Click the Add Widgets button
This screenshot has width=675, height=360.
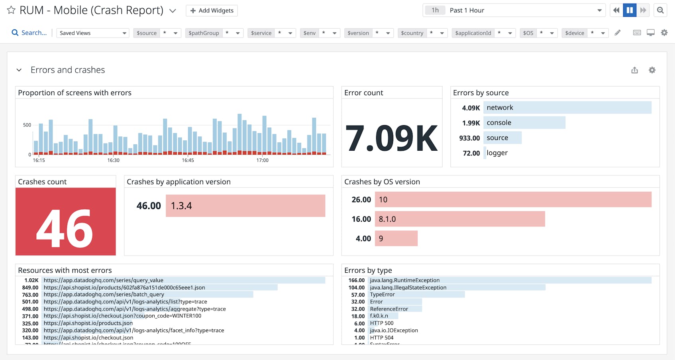coord(212,10)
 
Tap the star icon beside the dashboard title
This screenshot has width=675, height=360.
coord(11,10)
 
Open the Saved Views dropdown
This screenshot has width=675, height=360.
coord(92,33)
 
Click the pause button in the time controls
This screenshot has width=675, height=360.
coord(630,10)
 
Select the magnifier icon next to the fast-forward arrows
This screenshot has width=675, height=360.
coord(660,10)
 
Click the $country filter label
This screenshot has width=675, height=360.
coord(412,33)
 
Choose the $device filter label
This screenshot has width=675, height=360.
coord(574,33)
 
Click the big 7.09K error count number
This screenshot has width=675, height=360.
coord(392,138)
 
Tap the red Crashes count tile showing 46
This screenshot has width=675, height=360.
coord(66,222)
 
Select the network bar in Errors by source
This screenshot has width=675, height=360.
coord(567,108)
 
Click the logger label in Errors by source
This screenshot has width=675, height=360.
coord(497,153)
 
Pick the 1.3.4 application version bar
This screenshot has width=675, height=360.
coord(245,206)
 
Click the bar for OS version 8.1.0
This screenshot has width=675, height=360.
coord(459,219)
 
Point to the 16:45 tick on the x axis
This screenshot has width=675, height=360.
coord(188,160)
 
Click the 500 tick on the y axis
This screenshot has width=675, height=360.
coord(27,125)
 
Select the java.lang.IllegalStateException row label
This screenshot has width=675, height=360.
coord(408,287)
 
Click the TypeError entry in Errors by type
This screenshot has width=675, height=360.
coord(382,295)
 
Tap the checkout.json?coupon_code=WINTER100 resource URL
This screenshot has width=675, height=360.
coord(122,316)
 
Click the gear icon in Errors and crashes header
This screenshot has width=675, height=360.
coord(652,70)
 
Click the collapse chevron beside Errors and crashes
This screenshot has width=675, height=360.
coord(19,70)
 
